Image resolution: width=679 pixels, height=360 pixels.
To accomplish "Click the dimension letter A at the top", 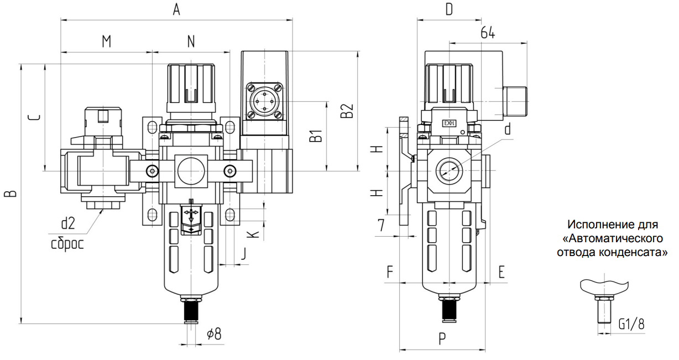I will click(x=177, y=9).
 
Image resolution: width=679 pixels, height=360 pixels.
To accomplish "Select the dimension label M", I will click(x=107, y=41).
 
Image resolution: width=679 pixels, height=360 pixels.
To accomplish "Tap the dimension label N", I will click(x=191, y=41).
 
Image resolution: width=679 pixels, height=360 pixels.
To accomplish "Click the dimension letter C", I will click(x=34, y=117).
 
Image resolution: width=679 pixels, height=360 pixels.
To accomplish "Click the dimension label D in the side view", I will click(x=449, y=9).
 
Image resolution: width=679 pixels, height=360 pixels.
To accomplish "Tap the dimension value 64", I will click(x=487, y=33).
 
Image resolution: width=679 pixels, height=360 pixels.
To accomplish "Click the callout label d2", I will click(x=67, y=223).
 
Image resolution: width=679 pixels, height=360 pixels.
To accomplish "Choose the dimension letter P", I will click(x=442, y=339).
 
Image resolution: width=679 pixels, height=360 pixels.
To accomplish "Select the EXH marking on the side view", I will click(x=448, y=123).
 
